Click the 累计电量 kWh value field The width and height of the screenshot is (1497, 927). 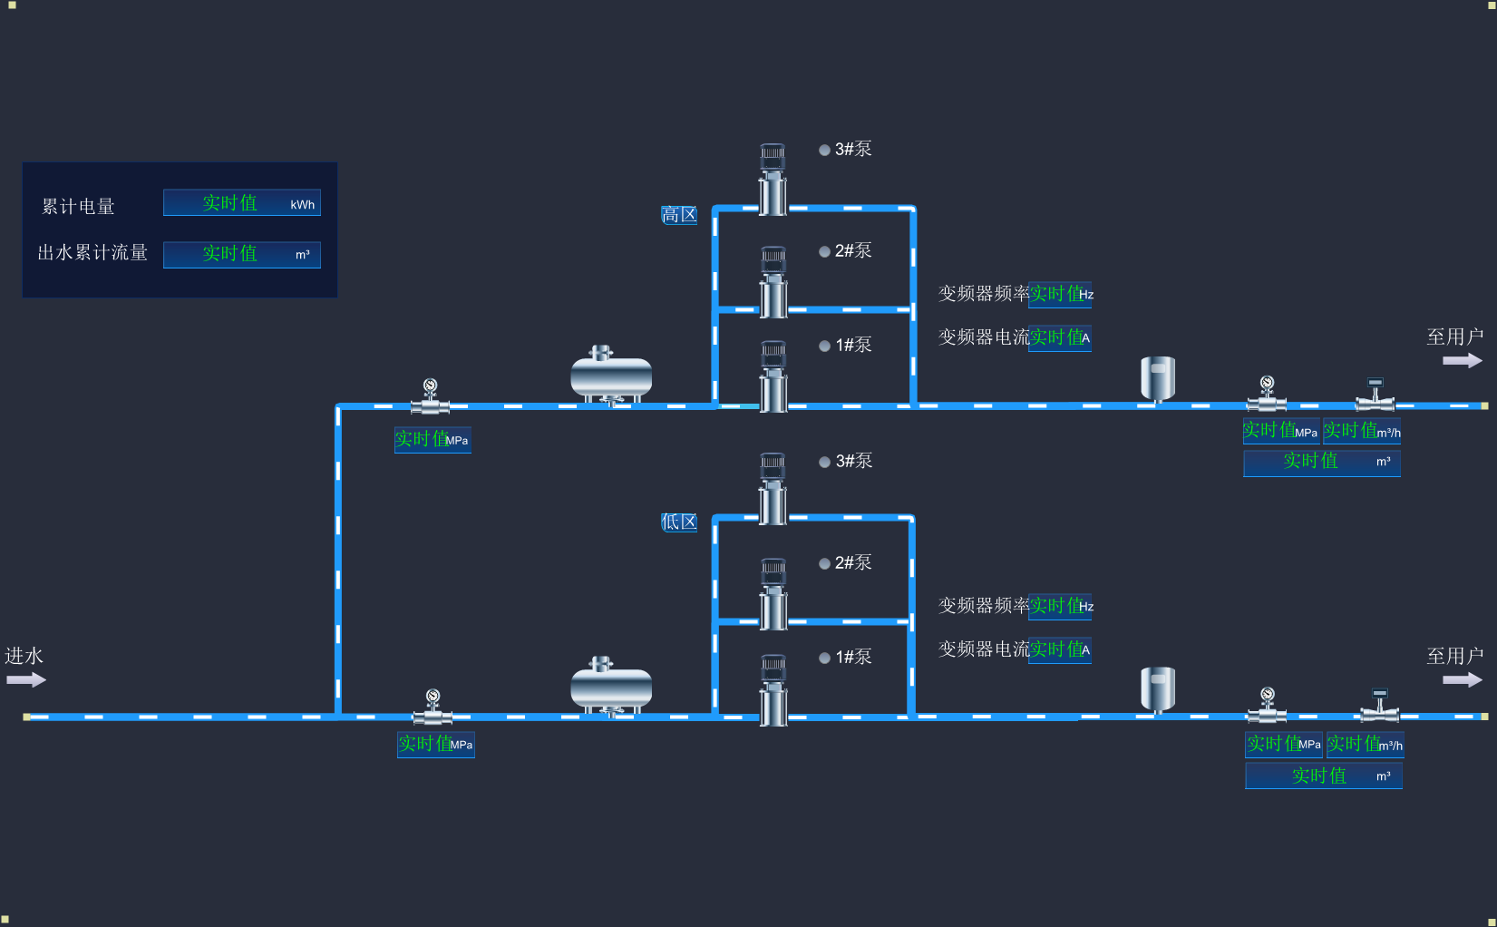(x=241, y=203)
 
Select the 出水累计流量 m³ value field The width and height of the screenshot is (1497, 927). (x=241, y=254)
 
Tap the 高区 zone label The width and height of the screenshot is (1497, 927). (x=679, y=215)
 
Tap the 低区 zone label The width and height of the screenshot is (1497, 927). (x=679, y=522)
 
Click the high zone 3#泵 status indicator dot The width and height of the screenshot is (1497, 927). (x=824, y=150)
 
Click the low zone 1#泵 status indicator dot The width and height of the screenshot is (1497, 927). (x=824, y=658)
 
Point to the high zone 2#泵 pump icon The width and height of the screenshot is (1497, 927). (x=773, y=282)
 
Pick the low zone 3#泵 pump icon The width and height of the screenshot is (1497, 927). (x=773, y=489)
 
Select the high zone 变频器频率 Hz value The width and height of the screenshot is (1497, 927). (x=1059, y=294)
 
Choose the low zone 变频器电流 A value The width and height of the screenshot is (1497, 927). (x=1059, y=649)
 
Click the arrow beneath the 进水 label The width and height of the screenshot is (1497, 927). (x=26, y=679)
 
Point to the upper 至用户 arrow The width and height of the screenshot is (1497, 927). (x=1462, y=360)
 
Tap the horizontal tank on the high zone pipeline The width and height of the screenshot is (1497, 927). (x=611, y=375)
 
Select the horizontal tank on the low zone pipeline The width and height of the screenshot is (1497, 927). (x=611, y=687)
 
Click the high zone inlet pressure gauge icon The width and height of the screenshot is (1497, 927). (x=431, y=396)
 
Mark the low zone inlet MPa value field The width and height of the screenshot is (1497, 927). (x=435, y=745)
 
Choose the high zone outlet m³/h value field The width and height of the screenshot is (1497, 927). (x=1361, y=431)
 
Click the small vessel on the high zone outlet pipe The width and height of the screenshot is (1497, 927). (x=1158, y=377)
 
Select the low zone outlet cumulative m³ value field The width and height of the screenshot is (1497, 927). (x=1323, y=776)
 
